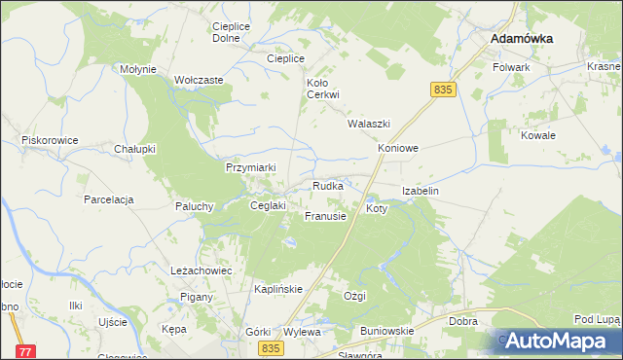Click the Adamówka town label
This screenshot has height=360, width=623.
coord(522,38)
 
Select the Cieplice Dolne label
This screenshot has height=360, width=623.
coord(226,31)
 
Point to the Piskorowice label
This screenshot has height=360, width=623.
coord(50,140)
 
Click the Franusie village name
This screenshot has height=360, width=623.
coord(325,216)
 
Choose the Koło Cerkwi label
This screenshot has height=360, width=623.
coord(322,89)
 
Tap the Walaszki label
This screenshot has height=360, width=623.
coord(369,125)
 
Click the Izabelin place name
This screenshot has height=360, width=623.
coord(421,192)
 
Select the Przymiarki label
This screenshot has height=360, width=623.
coord(251,167)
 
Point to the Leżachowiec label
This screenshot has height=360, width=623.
coord(201,270)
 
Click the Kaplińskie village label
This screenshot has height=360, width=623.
coord(279,289)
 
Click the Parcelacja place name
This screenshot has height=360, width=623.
coord(108,199)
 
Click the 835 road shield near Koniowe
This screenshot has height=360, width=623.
coord(443,90)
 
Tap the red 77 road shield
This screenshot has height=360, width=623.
coord(26,350)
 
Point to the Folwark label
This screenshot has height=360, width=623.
coord(511,67)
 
